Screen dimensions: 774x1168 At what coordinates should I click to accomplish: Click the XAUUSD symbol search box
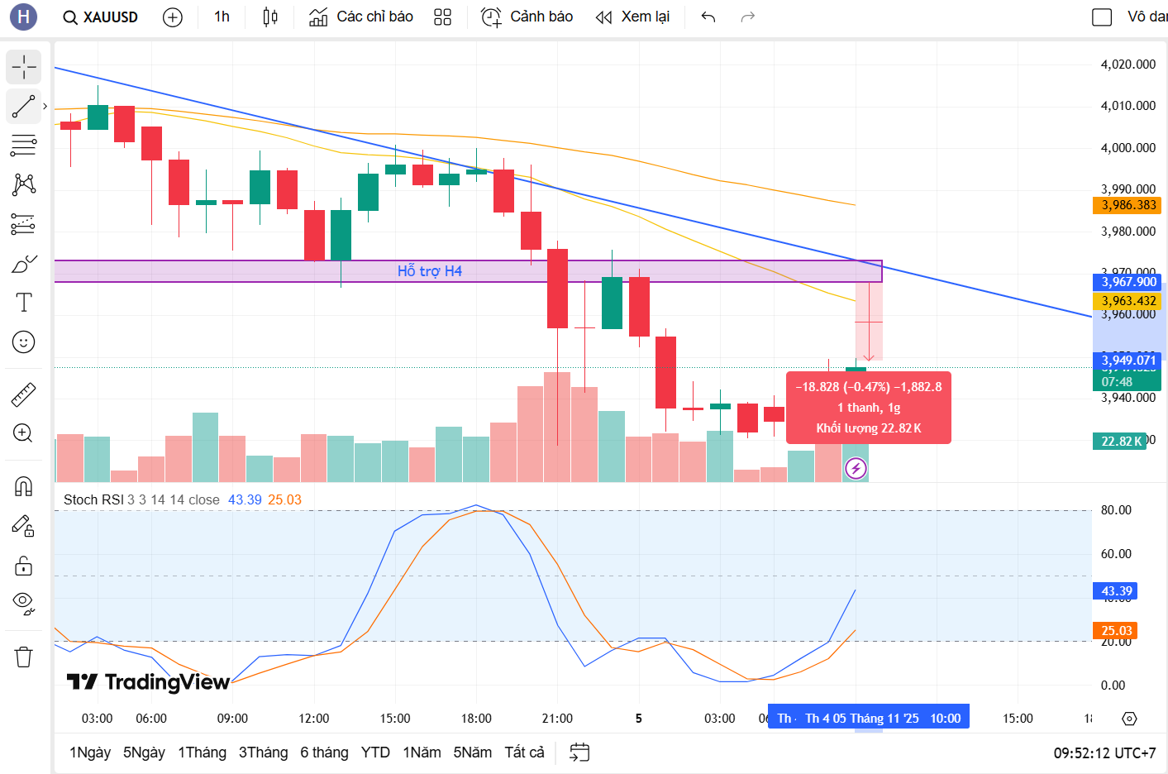[101, 17]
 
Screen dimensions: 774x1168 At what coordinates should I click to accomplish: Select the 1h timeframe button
[222, 17]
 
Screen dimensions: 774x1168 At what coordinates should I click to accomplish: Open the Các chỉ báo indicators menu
[361, 17]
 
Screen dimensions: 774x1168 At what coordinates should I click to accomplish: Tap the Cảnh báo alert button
[527, 17]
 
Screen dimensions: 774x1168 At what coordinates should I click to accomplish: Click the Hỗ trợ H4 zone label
[429, 271]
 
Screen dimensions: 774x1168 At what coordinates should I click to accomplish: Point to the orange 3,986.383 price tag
[1127, 205]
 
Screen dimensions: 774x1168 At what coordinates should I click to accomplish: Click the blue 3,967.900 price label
[1127, 282]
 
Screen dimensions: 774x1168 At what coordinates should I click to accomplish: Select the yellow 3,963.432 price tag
[1127, 301]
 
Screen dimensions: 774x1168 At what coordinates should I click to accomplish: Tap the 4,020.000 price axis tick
[1127, 64]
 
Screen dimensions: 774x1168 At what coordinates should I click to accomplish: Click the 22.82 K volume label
[1120, 441]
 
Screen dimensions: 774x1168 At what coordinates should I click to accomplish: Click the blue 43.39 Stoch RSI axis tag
[1115, 591]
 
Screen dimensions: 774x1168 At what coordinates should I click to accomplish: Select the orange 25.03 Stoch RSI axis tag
[1115, 631]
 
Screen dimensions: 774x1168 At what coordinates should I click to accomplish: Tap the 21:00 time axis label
[557, 718]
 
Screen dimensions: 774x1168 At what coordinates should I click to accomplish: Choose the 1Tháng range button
[202, 752]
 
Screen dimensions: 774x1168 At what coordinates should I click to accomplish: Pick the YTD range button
[375, 752]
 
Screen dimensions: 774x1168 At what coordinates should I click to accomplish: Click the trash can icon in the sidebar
[24, 657]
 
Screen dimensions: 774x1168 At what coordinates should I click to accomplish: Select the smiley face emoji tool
[24, 342]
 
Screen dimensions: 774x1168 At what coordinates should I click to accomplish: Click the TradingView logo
[148, 681]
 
